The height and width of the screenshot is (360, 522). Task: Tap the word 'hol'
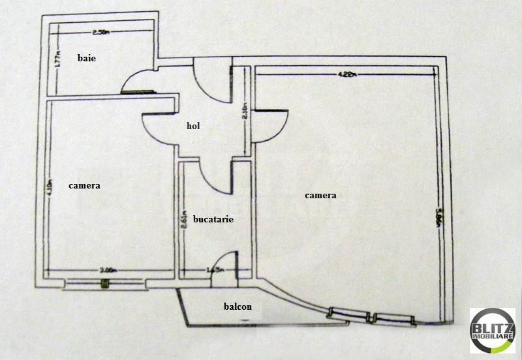192,127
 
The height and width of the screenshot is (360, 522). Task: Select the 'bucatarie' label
213,219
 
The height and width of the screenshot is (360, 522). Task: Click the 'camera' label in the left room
84,186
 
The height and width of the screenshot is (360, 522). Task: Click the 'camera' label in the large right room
320,195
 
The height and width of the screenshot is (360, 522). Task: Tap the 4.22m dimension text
346,74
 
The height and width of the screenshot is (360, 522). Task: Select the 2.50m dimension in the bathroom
99,32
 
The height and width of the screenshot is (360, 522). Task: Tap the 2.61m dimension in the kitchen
185,224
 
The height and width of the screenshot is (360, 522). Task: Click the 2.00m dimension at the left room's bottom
108,269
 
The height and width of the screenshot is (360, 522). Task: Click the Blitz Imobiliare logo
492,330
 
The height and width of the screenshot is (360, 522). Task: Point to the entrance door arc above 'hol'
212,82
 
